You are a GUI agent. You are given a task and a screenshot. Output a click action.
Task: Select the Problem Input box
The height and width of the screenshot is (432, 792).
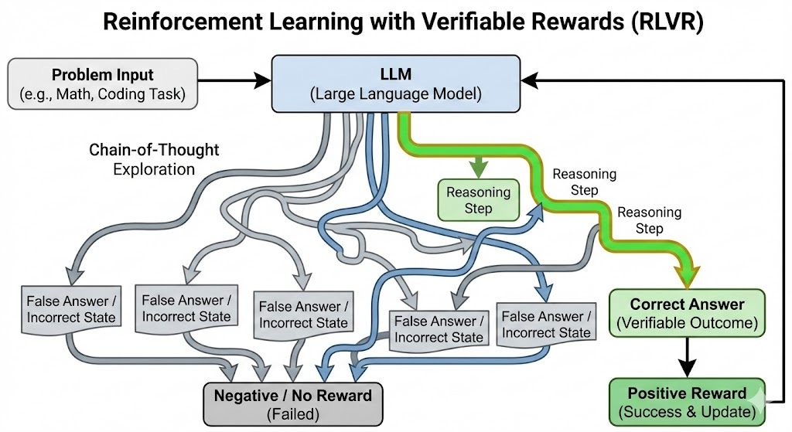(103, 85)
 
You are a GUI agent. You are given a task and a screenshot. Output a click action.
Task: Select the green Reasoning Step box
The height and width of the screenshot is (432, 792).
(479, 199)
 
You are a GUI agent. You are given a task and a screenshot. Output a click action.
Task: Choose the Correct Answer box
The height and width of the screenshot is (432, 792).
(687, 313)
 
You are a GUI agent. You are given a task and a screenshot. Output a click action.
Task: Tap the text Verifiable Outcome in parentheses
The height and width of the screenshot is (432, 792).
(687, 323)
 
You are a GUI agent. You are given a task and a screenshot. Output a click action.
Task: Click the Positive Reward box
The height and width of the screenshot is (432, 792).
(687, 402)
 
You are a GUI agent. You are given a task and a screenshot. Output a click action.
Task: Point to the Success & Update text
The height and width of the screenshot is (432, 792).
(687, 412)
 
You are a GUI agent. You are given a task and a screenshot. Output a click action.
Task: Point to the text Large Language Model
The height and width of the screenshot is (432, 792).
(395, 95)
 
